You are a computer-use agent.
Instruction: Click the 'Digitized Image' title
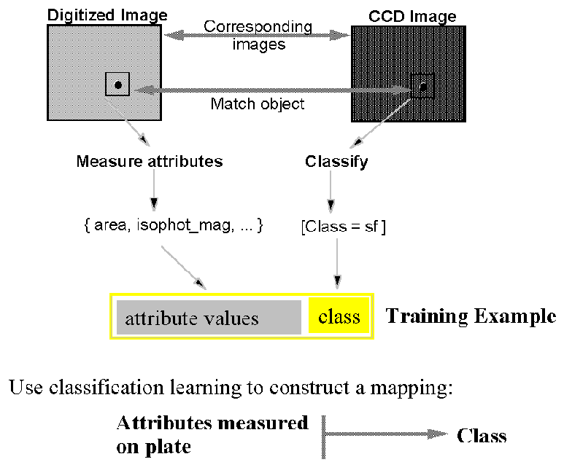point(107,15)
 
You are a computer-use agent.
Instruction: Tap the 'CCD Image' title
point(412,17)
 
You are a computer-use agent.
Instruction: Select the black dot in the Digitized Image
point(118,85)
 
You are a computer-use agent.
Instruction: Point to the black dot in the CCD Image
point(423,87)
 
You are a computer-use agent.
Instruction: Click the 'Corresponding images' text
point(258,35)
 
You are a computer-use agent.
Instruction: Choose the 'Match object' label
point(258,103)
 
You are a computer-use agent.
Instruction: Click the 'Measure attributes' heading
point(150,161)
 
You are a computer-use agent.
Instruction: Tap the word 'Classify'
point(336,162)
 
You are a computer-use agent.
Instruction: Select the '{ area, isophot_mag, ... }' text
point(174,225)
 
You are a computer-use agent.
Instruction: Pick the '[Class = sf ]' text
point(344,227)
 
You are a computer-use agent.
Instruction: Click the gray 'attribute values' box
point(209,318)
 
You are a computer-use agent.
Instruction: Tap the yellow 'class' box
point(339,316)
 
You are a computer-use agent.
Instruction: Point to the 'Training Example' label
point(471,316)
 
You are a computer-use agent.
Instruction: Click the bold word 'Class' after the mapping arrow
point(482,436)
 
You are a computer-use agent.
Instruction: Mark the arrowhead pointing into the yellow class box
point(337,282)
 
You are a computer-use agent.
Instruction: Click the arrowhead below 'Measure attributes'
point(154,205)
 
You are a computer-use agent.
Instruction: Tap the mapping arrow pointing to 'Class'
point(385,434)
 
